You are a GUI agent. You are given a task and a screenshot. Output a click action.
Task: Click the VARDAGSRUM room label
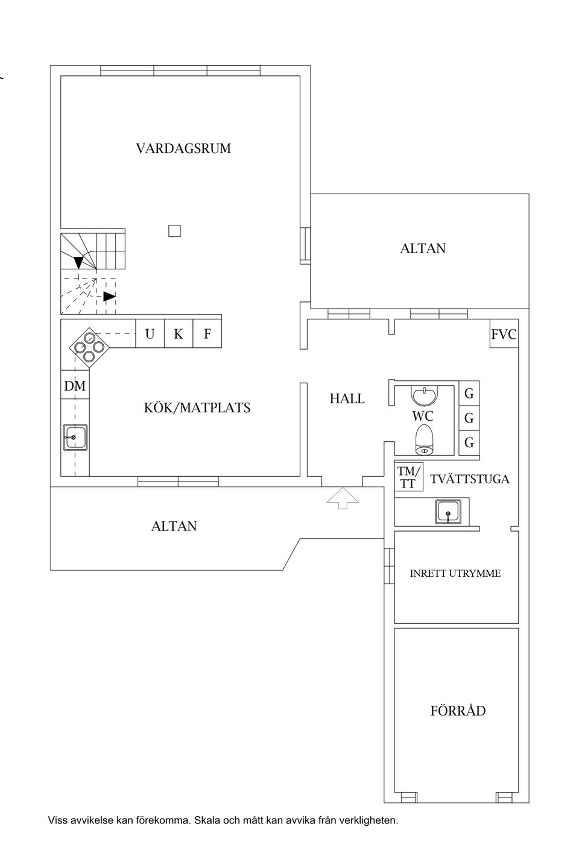pos(183,148)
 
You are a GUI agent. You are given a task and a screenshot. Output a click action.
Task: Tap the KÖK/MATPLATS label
pos(197,407)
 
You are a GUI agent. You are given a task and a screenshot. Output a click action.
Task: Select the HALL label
pos(347,399)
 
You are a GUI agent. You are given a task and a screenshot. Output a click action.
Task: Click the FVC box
pos(504,334)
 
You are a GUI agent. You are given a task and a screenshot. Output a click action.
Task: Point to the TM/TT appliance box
pos(409,477)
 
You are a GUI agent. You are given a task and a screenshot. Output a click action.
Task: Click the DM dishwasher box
pos(75,385)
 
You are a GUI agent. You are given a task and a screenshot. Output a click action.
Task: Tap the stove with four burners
pos(89,347)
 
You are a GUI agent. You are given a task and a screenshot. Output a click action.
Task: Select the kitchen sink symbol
pos(75,438)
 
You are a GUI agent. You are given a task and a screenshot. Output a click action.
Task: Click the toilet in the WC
pos(423,440)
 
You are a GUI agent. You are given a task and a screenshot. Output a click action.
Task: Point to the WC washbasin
pos(424,395)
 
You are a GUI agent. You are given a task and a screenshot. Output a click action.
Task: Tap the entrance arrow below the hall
pos(343,498)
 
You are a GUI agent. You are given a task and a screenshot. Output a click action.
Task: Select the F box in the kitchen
pos(207,333)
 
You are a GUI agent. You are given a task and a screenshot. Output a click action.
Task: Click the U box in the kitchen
pos(150,333)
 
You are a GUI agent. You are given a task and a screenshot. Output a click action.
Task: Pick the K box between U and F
pos(179,333)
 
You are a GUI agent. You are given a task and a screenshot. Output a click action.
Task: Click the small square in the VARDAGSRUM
pos(174,231)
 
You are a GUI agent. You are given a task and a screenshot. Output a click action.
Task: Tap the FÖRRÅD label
pos(458,711)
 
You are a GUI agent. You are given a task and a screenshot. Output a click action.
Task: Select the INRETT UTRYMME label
pos(455,573)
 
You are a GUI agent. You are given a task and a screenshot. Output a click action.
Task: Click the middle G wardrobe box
pos(469,418)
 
